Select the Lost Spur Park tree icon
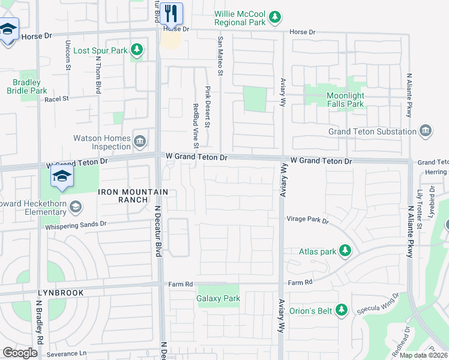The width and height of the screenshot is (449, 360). click(137, 50)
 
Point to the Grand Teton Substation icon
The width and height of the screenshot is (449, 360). click(426, 131)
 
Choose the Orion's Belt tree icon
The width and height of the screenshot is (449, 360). click(342, 310)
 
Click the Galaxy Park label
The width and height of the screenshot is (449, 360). click(218, 298)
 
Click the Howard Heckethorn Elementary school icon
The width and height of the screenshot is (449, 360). click(76, 208)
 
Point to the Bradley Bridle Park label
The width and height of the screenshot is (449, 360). click(27, 86)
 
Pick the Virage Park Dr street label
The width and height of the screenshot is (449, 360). click(307, 220)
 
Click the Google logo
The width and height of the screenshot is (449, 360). click(20, 353)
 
